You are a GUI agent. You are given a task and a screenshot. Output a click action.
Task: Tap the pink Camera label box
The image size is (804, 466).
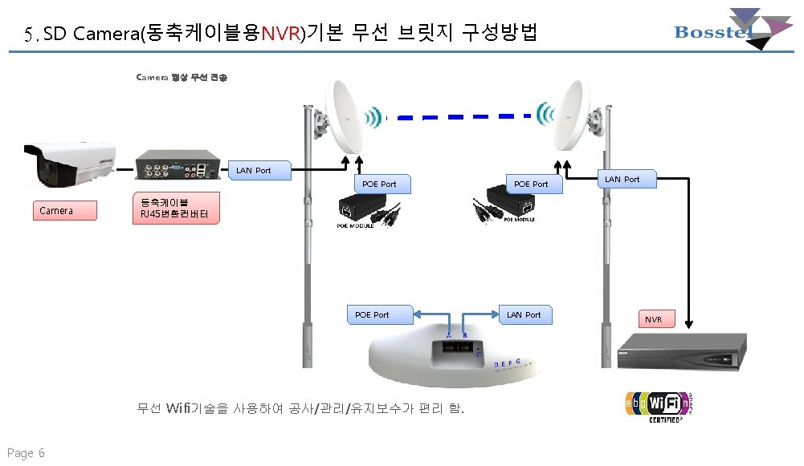click(x=64, y=211)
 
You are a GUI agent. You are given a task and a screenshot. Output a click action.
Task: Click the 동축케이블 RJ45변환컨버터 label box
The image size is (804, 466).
click(x=174, y=208)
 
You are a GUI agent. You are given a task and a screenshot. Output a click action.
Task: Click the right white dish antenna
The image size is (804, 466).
click(x=575, y=118)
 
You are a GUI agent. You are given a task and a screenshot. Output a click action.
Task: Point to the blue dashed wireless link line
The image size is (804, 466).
click(x=466, y=117)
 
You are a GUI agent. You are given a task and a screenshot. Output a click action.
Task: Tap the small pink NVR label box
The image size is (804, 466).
click(x=656, y=319)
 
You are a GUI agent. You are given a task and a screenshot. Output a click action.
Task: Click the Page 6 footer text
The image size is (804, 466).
click(x=26, y=453)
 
